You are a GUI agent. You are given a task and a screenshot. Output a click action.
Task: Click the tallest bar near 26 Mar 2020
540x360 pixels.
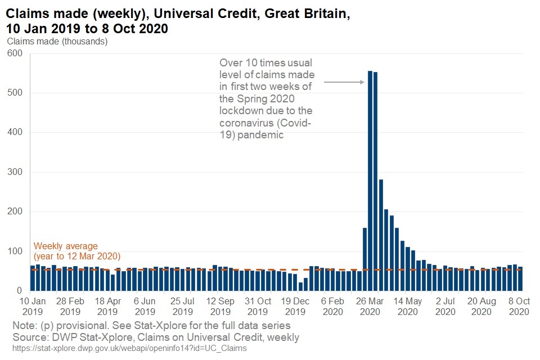(370, 180)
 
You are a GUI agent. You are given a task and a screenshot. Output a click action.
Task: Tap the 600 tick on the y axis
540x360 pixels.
(15, 53)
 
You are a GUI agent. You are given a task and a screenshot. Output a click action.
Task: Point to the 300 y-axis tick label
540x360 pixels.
(15, 172)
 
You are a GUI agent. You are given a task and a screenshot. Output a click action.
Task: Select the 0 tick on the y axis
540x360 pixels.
(19, 291)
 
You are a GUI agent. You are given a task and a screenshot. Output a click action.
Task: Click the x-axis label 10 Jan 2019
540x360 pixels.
(33, 306)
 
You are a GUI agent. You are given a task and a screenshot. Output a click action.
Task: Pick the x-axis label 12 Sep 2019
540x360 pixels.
(220, 306)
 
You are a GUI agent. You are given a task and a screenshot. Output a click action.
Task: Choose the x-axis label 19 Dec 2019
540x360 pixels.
(295, 306)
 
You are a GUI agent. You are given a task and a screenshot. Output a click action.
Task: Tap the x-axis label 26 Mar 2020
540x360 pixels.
(370, 306)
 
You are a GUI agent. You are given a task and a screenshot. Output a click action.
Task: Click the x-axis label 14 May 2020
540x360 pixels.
(408, 306)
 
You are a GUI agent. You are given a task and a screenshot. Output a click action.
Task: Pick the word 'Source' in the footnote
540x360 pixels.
(30, 337)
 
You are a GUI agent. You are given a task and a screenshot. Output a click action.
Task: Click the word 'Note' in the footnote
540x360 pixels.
(24, 325)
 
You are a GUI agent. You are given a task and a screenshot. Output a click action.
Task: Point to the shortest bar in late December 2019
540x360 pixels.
(300, 286)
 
